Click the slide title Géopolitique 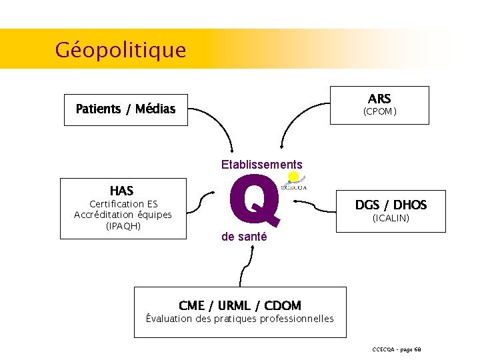tap(121, 49)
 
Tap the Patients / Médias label tap(125, 109)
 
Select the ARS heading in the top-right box tap(379, 99)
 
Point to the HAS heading tap(121, 191)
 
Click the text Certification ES tap(123, 203)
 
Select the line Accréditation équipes tap(123, 215)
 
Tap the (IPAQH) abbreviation tap(123, 226)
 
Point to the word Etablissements tap(261, 165)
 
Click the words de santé tap(244, 237)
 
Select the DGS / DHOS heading tap(391, 205)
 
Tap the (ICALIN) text tap(391, 218)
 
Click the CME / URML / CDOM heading tap(240, 306)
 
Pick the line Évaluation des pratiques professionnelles tap(240, 319)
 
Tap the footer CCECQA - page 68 tap(397, 349)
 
